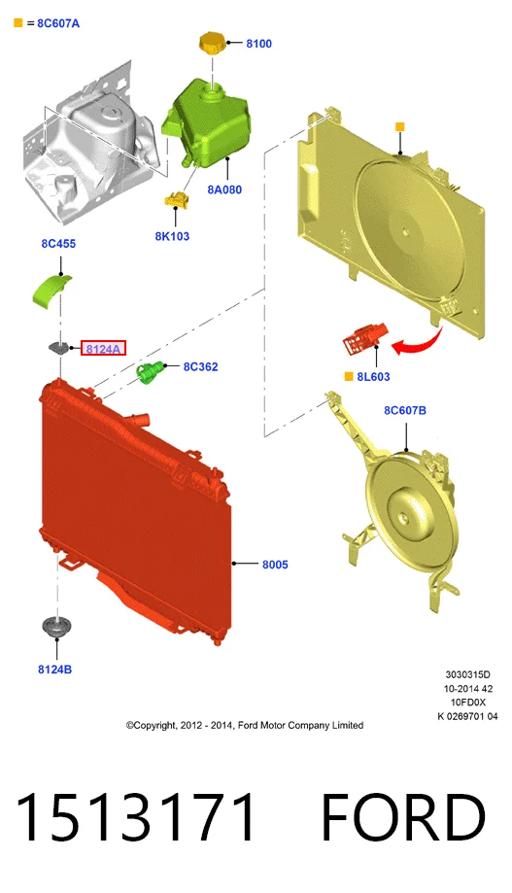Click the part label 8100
point(258,44)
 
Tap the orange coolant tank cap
point(213,44)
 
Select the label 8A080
point(224,189)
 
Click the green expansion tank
point(207,121)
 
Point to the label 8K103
point(172,236)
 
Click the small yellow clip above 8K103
point(177,199)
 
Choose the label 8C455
point(58,244)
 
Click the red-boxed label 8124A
point(103,349)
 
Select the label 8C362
point(200,366)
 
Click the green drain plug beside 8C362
point(150,372)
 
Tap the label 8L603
point(374,376)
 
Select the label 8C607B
point(405,410)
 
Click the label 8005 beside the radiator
point(275,565)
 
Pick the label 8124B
point(54,670)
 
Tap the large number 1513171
point(136,817)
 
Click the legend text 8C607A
point(58,23)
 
